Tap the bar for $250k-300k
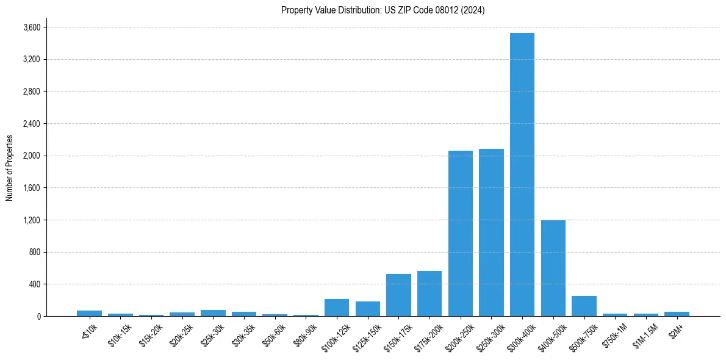(491, 232)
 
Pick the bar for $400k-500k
(553, 268)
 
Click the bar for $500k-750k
(584, 306)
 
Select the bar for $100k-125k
(337, 308)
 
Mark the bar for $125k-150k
(368, 309)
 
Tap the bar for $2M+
(677, 314)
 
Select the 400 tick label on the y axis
(34, 284)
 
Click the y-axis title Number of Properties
(10, 168)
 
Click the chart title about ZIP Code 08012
(383, 10)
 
